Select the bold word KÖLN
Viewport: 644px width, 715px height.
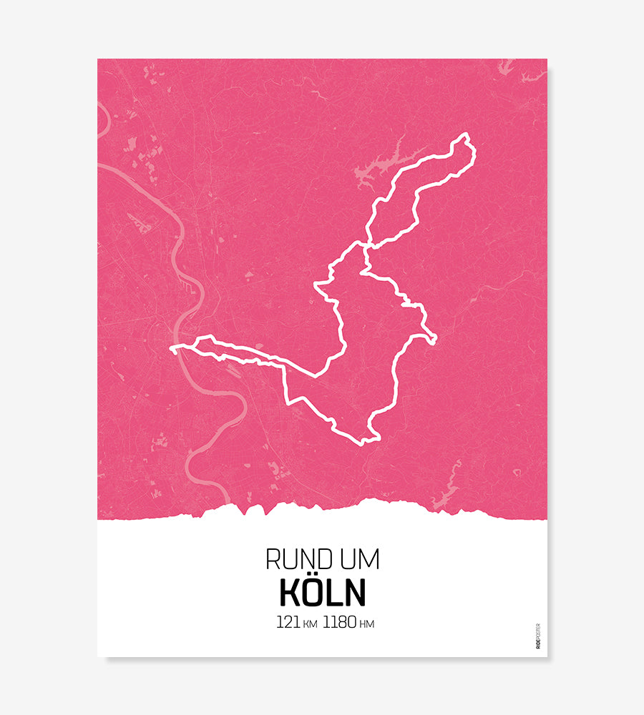pos(322,592)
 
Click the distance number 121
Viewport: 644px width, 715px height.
pos(288,622)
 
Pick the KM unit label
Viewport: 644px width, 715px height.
pos(311,624)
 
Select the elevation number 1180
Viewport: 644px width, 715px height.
pos(339,622)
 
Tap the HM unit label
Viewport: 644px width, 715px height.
pos(367,624)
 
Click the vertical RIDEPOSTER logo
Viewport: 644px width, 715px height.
pos(538,636)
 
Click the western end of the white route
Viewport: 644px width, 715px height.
pos(172,349)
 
